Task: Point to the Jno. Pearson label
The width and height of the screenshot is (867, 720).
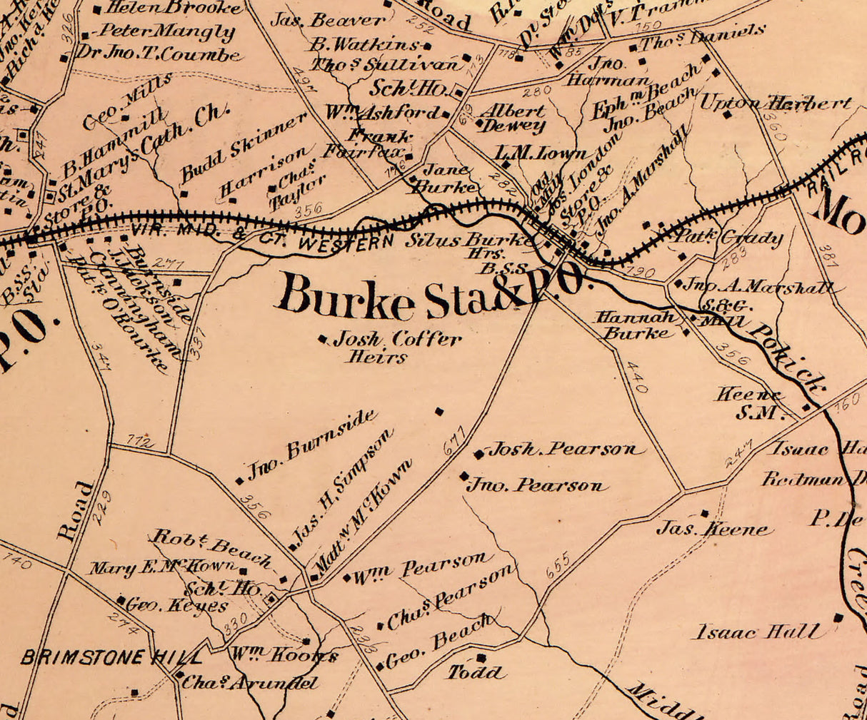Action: coord(537,486)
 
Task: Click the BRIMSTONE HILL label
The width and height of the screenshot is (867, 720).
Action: coord(111,657)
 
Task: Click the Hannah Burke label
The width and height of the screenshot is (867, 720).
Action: coord(636,325)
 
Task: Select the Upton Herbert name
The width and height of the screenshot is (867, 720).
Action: coord(775,103)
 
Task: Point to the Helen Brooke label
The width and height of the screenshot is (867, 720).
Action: coord(174,9)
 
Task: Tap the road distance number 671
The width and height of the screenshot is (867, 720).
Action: coord(453,441)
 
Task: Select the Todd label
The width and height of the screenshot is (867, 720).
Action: coord(477,672)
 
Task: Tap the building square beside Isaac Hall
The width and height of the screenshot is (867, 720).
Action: coord(838,618)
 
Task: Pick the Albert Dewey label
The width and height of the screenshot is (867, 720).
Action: coord(511,118)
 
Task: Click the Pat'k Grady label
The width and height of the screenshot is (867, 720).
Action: coord(730,238)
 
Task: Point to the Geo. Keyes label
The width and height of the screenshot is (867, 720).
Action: coord(177,607)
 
